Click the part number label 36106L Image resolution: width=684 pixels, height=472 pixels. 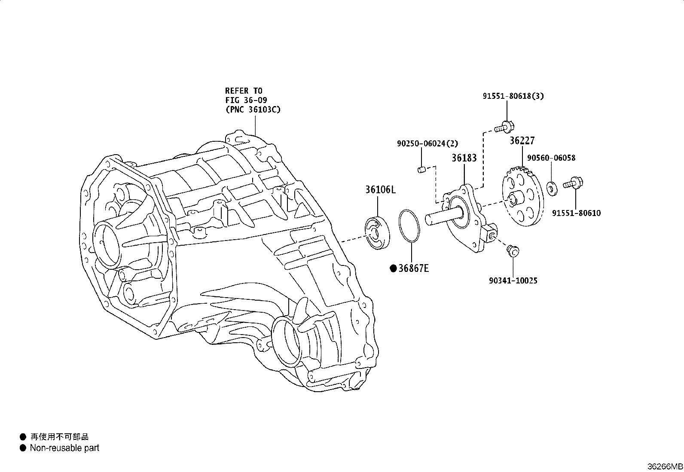tap(380, 189)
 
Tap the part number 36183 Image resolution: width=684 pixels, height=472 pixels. tap(464, 158)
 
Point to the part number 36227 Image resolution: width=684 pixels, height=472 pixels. tap(522, 141)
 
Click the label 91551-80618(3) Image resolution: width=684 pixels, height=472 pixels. tap(513, 96)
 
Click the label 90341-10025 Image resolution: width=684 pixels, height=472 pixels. tap(513, 281)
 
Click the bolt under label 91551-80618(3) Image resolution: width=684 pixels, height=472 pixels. tap(503, 127)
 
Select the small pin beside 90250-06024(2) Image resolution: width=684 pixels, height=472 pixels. tap(422, 171)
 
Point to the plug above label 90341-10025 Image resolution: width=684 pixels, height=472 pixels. tap(512, 251)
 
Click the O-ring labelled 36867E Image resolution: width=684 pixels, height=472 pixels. tap(410, 225)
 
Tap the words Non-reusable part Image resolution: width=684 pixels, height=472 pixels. tap(64, 448)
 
